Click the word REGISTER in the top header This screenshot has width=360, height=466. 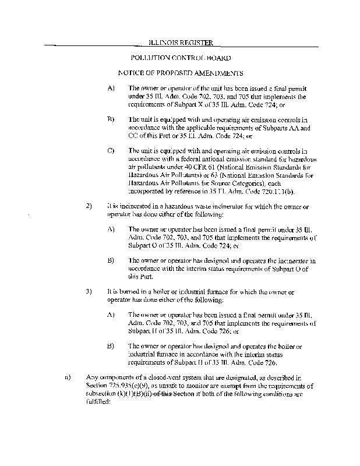[x=196, y=43]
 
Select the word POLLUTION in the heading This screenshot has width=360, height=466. [x=149, y=58]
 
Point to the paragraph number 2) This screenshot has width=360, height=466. [x=90, y=206]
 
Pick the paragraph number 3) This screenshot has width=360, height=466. [x=90, y=290]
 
